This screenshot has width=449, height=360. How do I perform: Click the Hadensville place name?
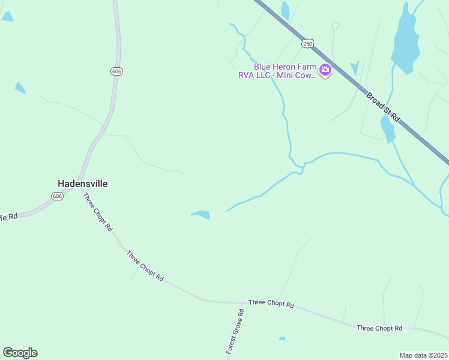(x=82, y=184)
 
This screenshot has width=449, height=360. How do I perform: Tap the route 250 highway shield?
(x=307, y=43)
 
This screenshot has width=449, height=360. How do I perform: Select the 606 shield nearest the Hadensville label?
(x=57, y=196)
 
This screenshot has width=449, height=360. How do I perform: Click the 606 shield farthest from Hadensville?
(x=116, y=71)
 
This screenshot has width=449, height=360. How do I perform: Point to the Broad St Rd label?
(x=382, y=106)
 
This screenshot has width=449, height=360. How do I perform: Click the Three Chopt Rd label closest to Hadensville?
(x=97, y=211)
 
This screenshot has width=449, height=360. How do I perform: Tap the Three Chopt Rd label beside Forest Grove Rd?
(x=271, y=304)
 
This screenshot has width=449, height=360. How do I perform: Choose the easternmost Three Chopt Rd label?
(x=379, y=328)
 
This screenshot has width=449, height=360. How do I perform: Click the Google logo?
(x=20, y=353)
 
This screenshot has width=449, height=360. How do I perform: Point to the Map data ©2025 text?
(x=423, y=355)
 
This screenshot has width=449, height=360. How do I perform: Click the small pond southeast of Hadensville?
(x=201, y=214)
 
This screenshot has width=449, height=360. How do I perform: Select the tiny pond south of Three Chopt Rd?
(x=282, y=338)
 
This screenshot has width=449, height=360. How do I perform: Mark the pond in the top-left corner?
(x=7, y=16)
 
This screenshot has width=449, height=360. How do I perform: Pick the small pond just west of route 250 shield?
(x=285, y=10)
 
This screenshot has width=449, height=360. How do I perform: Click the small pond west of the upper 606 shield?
(x=20, y=88)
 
